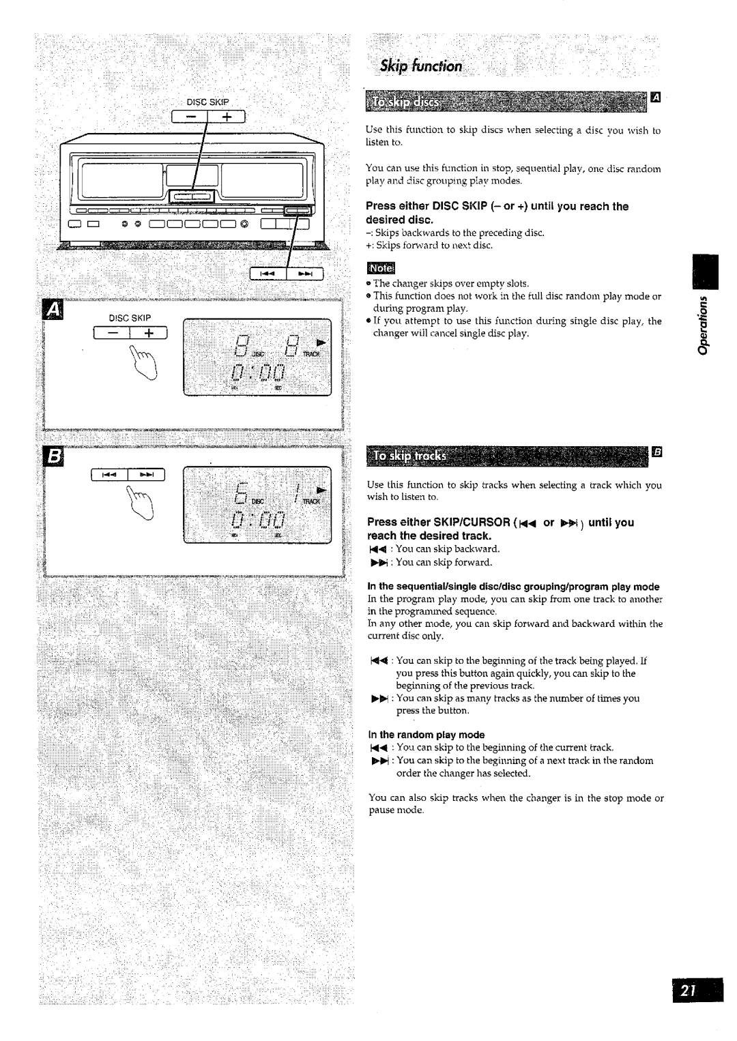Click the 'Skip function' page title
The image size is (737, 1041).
[x=421, y=66]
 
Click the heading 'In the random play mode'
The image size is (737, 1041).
[x=426, y=735]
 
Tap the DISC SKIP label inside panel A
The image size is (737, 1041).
[x=132, y=318]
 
